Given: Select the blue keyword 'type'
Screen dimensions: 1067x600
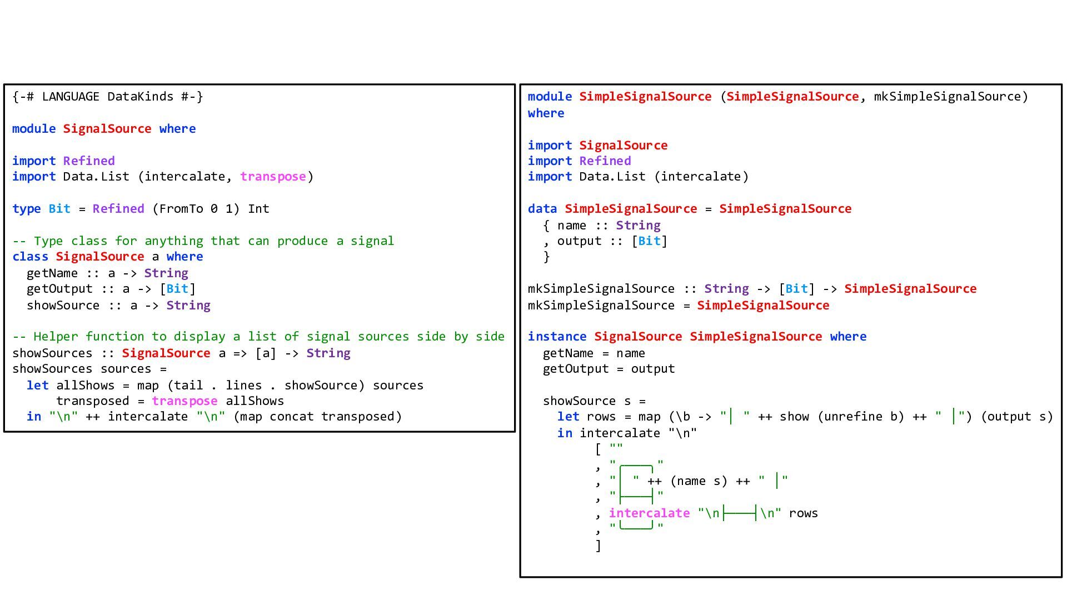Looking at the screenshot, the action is [x=27, y=209].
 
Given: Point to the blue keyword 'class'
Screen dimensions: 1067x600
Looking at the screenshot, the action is [x=31, y=257].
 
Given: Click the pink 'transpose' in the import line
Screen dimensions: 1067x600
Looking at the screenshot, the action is [x=273, y=177].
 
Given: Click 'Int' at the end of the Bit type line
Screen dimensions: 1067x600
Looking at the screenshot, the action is [x=258, y=209].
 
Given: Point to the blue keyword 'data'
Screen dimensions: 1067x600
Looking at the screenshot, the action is [x=542, y=209].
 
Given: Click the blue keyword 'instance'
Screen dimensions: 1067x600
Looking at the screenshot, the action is [x=557, y=337].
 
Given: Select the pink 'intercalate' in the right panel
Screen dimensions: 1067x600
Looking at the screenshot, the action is [x=649, y=513].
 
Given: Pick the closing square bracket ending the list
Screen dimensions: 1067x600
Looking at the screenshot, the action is [x=598, y=546].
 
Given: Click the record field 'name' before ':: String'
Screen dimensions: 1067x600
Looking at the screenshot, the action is [x=572, y=226].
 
